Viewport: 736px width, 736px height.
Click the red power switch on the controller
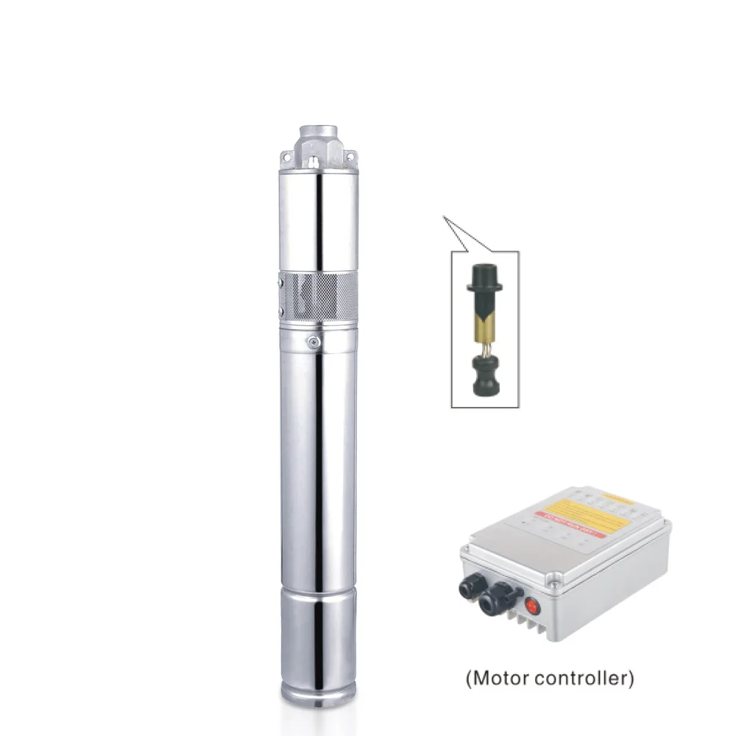coord(532,607)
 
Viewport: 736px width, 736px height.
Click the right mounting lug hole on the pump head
coord(353,156)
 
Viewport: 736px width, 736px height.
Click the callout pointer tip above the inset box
coord(443,216)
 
